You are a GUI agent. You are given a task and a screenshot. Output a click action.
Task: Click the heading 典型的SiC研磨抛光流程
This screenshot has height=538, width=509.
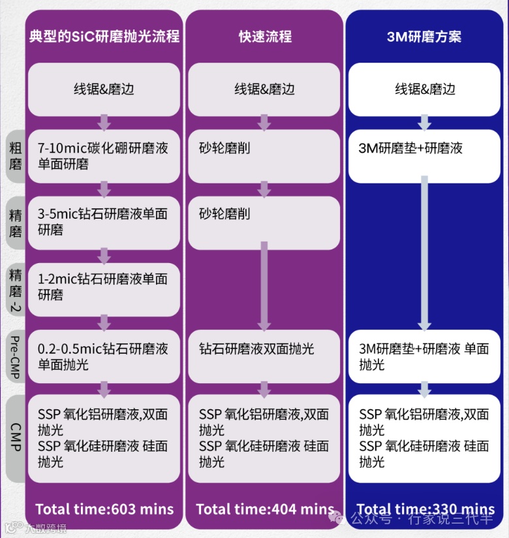pyautogui.click(x=104, y=37)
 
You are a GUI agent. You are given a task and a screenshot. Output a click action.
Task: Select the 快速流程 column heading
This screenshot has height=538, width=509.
pyautogui.click(x=265, y=37)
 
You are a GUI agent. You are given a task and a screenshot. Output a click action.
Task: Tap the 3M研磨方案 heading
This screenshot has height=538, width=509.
pyautogui.click(x=424, y=37)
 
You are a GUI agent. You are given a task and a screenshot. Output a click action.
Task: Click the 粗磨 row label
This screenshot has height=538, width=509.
pyautogui.click(x=15, y=156)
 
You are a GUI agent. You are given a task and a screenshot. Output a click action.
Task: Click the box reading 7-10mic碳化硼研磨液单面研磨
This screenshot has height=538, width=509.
pyautogui.click(x=103, y=156)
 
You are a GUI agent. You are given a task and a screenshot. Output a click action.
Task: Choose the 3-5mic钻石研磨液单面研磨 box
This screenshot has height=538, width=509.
pyautogui.click(x=103, y=222)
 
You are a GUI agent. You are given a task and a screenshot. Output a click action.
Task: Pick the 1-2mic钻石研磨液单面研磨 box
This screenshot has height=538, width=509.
pyautogui.click(x=103, y=288)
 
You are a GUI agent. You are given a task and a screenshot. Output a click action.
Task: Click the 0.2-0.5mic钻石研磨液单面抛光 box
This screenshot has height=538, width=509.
pyautogui.click(x=103, y=356)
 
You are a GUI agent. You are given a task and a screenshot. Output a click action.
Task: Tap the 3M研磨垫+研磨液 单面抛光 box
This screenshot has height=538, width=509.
pyautogui.click(x=424, y=356)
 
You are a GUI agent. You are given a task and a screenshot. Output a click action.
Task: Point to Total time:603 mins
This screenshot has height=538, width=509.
pyautogui.click(x=104, y=509)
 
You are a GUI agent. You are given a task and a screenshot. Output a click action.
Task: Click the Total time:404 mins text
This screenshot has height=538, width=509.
pyautogui.click(x=264, y=509)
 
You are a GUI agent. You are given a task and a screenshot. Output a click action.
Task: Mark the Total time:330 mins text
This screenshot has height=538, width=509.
pyautogui.click(x=425, y=509)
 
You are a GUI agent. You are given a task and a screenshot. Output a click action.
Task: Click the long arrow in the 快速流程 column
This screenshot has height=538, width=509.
pyautogui.click(x=264, y=285)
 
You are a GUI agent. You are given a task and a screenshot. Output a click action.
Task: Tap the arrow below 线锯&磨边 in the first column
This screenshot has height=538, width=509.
pyautogui.click(x=104, y=122)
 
